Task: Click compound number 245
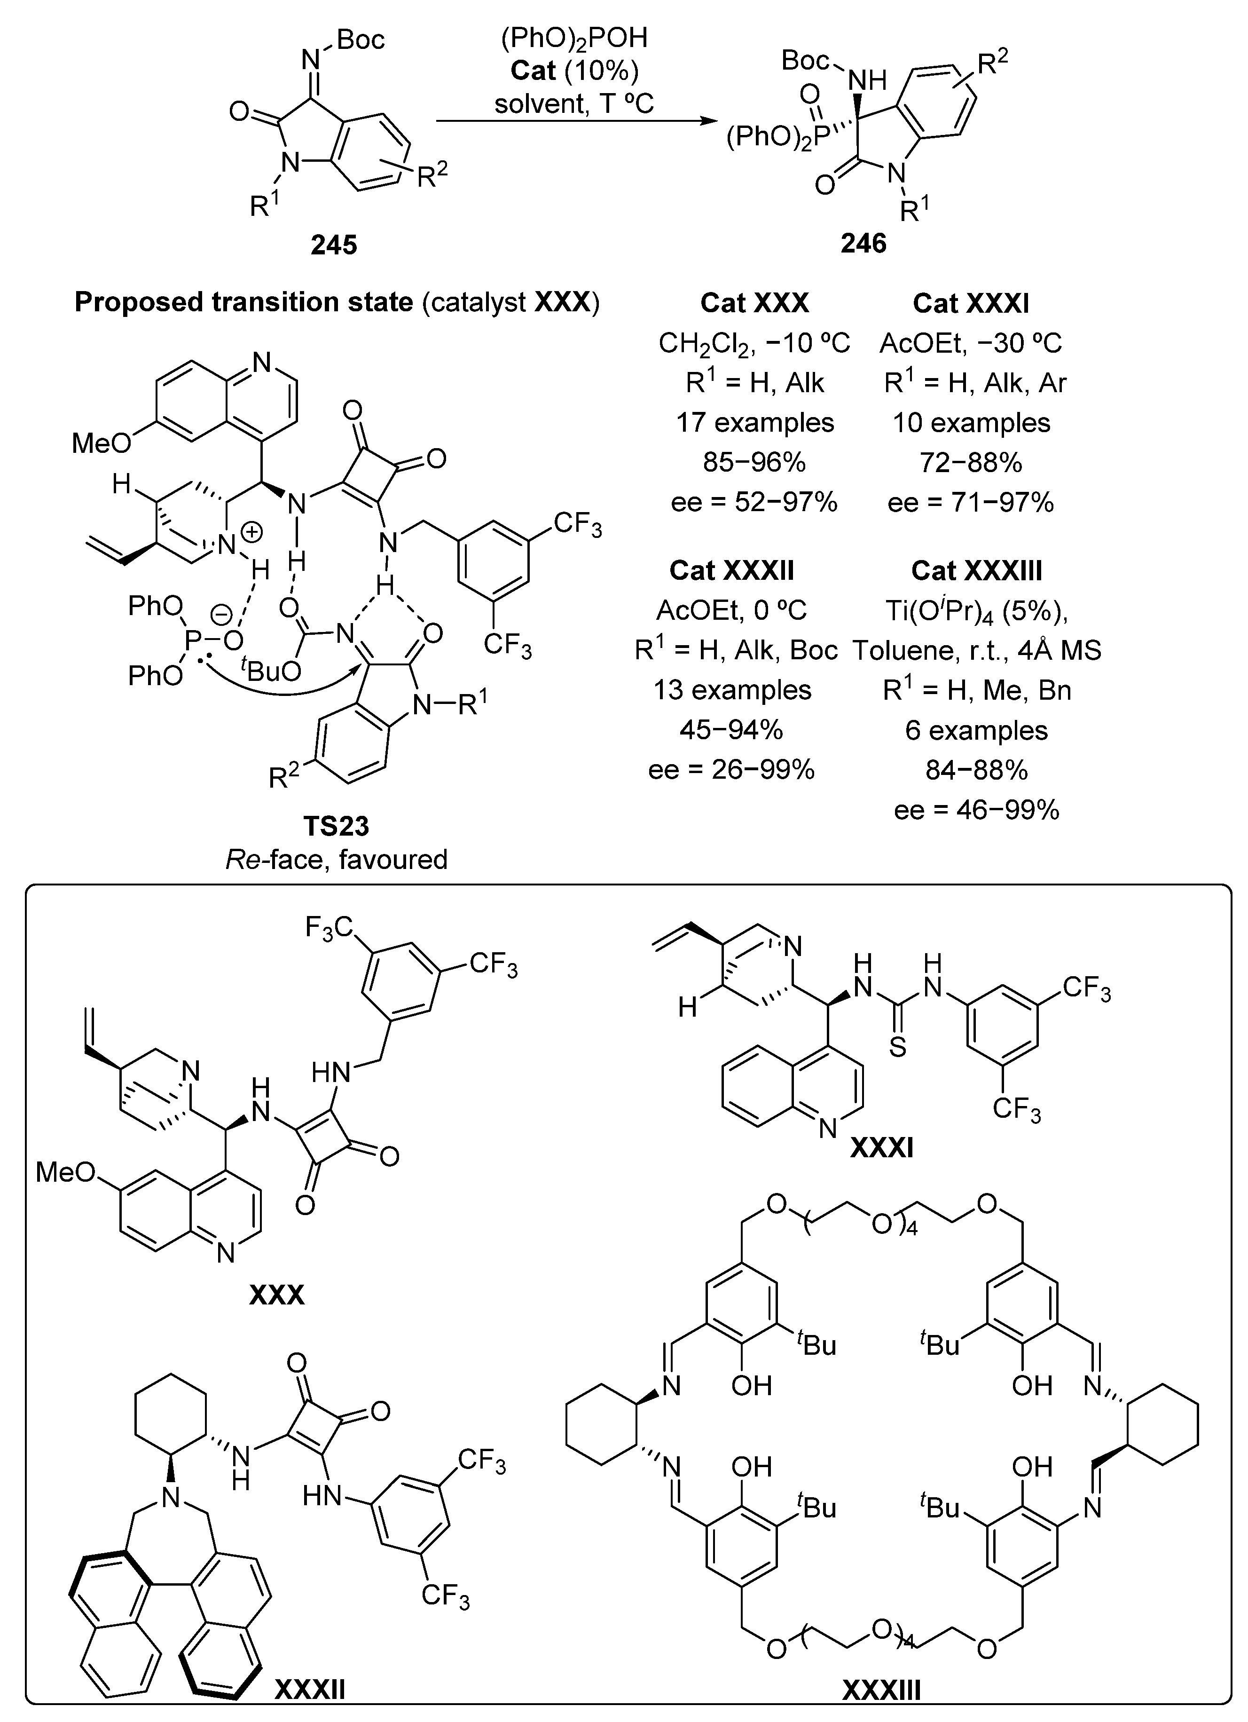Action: coord(334,245)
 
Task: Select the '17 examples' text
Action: coord(754,422)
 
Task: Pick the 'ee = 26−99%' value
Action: coord(731,770)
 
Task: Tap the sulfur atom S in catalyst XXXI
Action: coord(897,1048)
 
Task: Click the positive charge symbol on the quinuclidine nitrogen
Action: coord(252,532)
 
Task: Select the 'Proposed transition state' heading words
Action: coord(243,302)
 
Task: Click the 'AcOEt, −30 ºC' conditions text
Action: coord(971,343)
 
